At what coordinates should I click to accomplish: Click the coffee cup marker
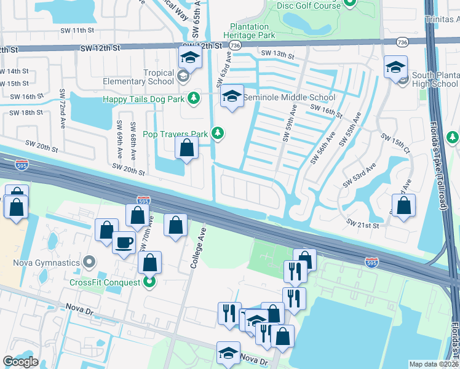[x=124, y=242]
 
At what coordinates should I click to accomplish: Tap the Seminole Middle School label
[x=289, y=97]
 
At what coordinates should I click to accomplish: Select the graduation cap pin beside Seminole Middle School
[x=232, y=96]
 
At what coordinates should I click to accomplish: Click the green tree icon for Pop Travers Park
[x=216, y=133]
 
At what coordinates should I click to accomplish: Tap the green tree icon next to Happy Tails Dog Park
[x=194, y=98]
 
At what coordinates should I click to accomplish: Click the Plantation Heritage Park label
[x=249, y=31]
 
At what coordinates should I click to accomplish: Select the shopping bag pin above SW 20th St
[x=186, y=148]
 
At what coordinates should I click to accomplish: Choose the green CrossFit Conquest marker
[x=149, y=282]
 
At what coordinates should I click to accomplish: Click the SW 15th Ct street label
[x=394, y=143]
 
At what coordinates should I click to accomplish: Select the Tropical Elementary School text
[x=150, y=77]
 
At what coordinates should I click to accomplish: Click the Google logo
[x=20, y=362]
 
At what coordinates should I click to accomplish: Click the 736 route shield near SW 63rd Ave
[x=234, y=46]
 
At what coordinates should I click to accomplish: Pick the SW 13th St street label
[x=277, y=54]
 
